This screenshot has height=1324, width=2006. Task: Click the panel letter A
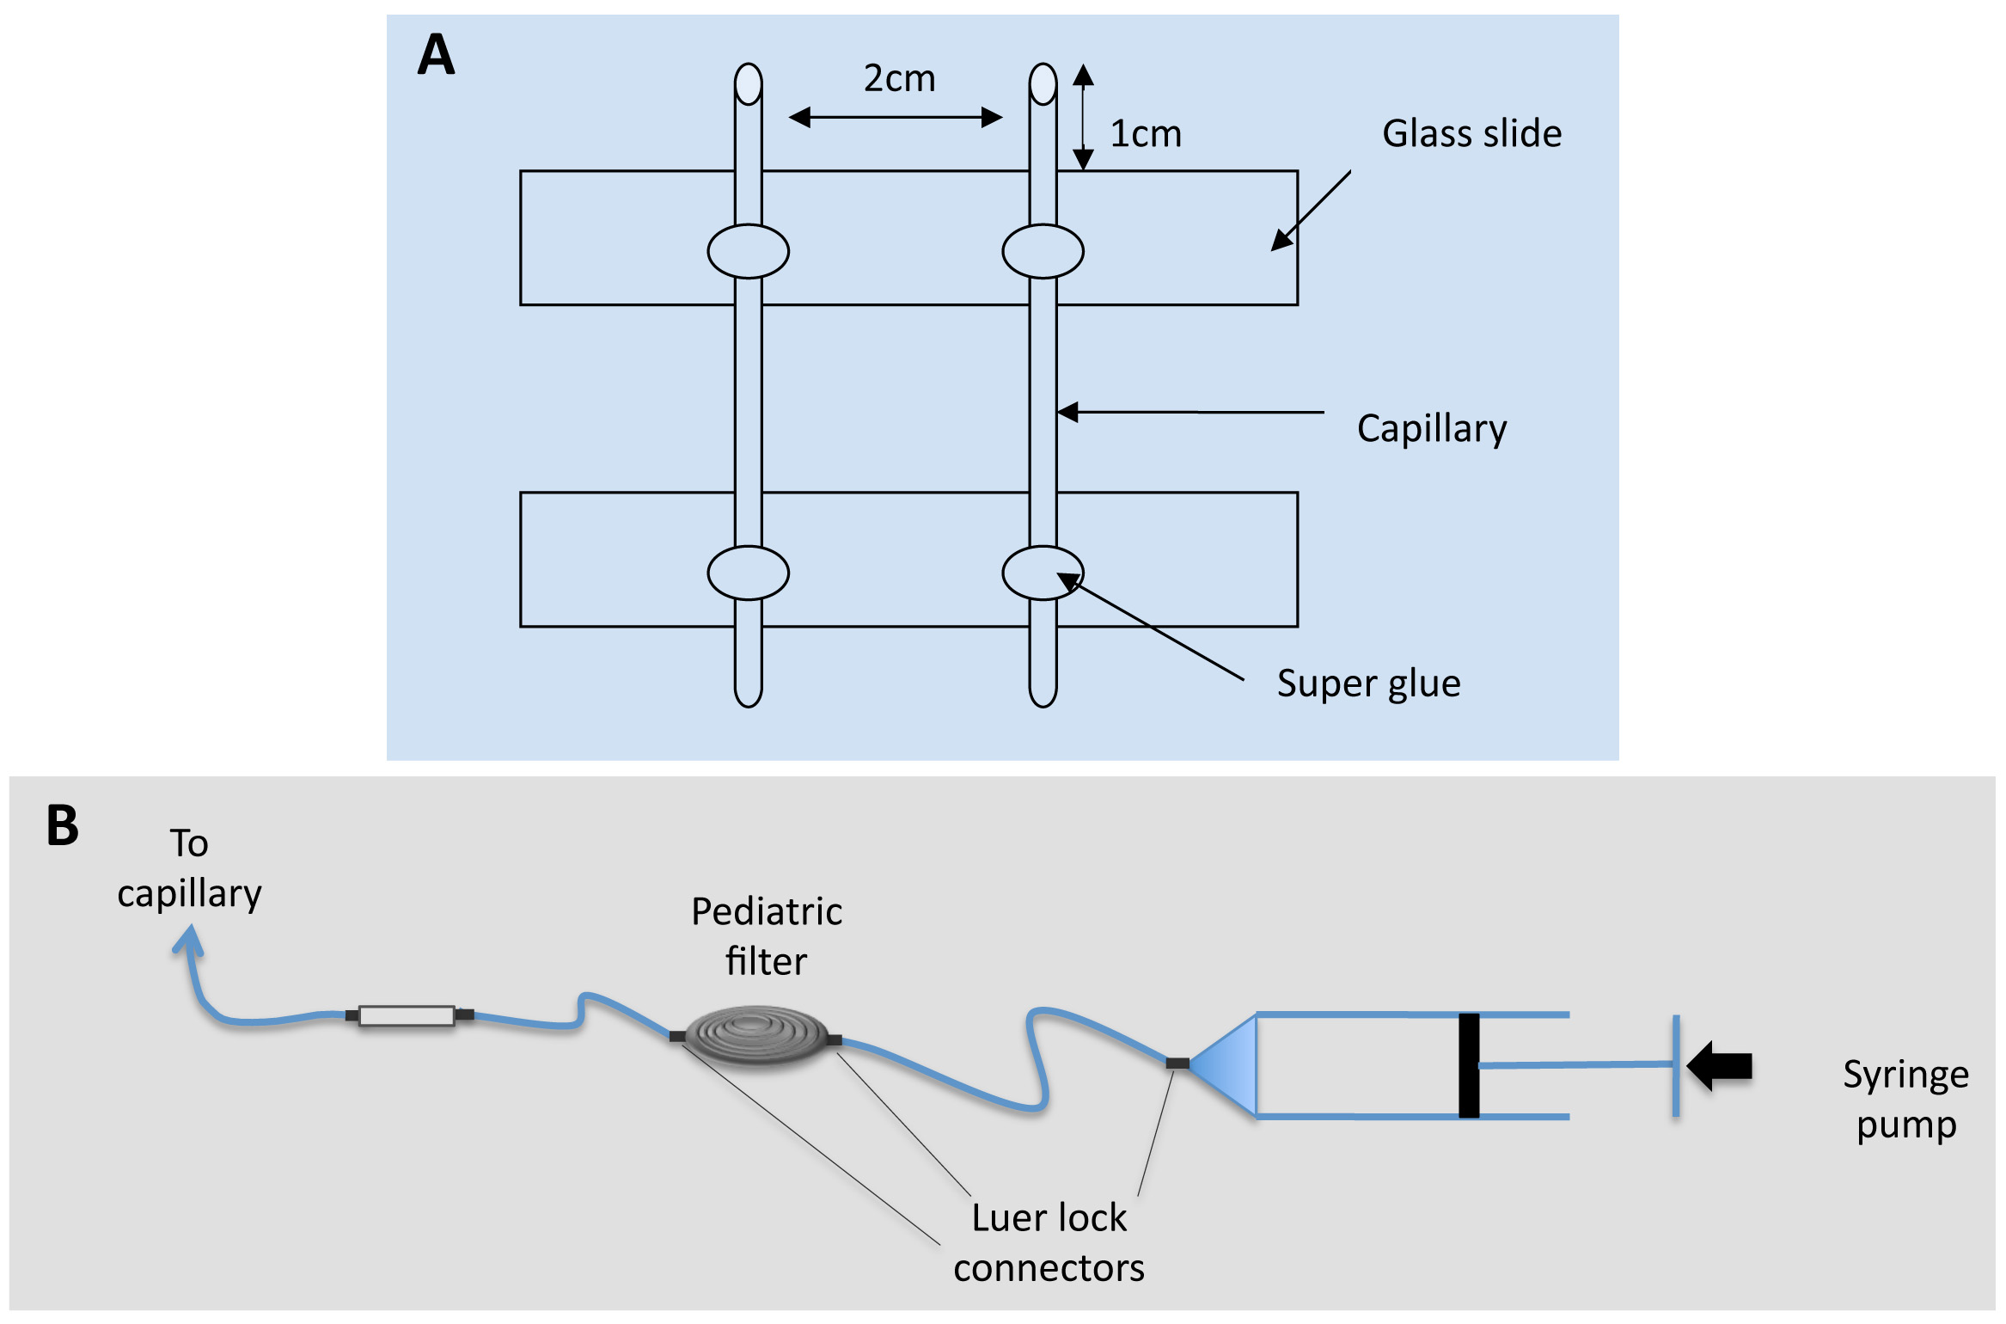436,55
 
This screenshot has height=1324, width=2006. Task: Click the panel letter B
63,825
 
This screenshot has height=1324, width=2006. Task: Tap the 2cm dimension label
899,79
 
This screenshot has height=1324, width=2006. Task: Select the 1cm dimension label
1146,134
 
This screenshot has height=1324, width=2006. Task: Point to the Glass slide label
1471,134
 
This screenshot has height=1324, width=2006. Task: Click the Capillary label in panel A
1431,428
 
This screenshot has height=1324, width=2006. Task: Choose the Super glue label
1368,683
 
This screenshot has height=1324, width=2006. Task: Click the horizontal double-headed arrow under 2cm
896,117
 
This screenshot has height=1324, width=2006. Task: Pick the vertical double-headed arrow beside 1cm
1083,117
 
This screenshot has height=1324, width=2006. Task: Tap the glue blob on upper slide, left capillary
748,251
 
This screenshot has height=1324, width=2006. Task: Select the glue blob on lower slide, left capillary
748,573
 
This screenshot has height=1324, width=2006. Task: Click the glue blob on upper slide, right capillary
1043,251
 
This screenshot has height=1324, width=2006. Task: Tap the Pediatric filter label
767,936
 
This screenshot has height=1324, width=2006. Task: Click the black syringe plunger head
1469,1065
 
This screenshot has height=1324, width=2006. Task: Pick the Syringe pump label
1905,1100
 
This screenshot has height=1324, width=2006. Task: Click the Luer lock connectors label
1049,1242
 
